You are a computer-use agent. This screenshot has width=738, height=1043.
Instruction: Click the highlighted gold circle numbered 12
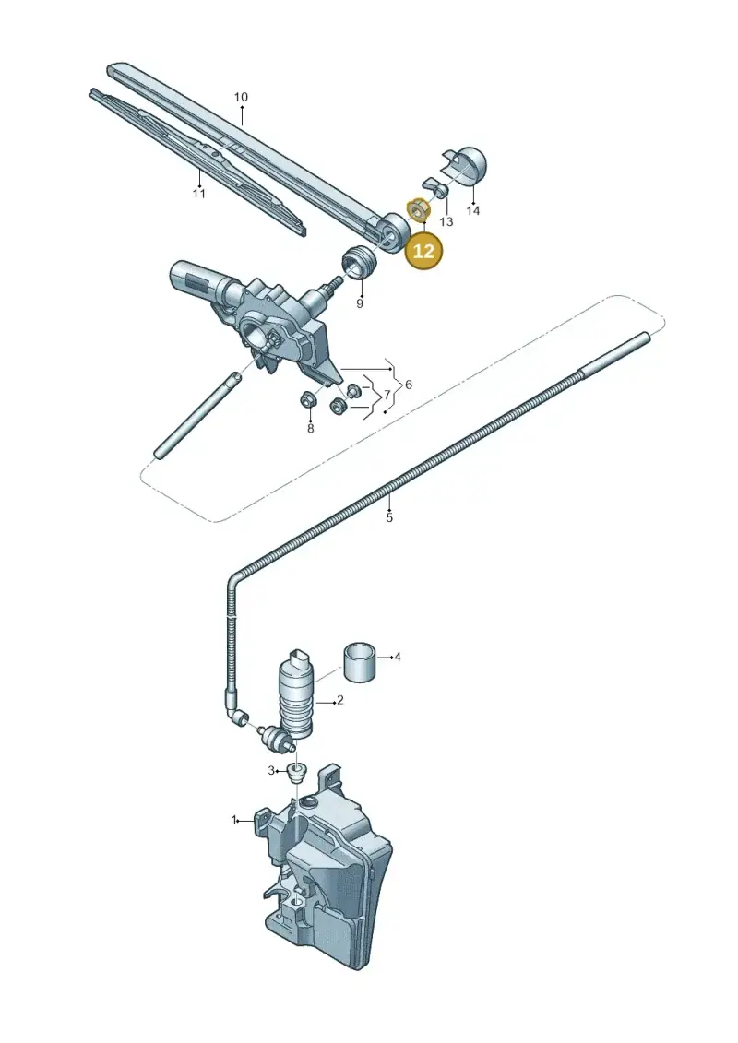point(424,251)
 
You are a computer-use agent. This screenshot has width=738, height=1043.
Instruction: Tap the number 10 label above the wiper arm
point(241,97)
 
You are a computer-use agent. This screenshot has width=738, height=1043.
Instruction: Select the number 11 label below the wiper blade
point(198,194)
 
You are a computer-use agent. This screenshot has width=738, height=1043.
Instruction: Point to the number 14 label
point(472,211)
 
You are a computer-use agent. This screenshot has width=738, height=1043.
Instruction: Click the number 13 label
point(446,221)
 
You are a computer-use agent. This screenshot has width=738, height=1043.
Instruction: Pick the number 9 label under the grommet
point(360,304)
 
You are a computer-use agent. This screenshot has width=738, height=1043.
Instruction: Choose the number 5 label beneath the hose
point(389,516)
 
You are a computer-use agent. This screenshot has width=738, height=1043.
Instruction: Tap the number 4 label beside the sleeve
point(398,658)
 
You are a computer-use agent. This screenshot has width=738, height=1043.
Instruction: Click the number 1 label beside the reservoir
point(234,820)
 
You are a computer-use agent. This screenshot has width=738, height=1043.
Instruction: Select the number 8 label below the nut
point(310,429)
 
